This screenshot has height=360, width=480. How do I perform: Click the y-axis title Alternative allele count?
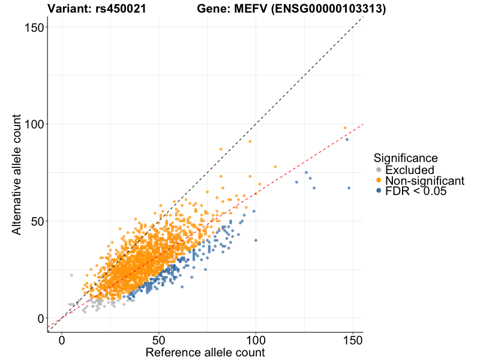[17, 174]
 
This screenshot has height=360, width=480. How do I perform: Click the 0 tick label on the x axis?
[62, 339]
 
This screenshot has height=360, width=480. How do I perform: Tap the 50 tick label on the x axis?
[159, 339]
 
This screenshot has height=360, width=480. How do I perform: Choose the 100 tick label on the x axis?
[256, 339]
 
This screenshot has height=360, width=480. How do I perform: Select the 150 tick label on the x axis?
[353, 339]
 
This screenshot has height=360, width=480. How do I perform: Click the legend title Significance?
[406, 158]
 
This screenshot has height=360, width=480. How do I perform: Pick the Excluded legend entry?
[409, 170]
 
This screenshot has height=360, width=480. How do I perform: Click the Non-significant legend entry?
[425, 181]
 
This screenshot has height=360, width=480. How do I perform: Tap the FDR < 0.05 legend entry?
[416, 191]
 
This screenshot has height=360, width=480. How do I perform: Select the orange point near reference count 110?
[275, 167]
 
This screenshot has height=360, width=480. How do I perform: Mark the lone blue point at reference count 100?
[256, 241]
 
